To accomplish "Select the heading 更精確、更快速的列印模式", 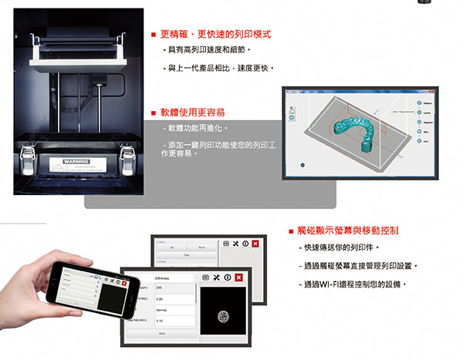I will [x=215, y=35].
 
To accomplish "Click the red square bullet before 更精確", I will [x=154, y=35].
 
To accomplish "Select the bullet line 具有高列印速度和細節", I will [x=205, y=50].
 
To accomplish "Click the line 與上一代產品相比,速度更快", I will [x=219, y=68].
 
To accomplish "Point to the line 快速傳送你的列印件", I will [x=339, y=247].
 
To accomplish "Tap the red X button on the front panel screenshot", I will [x=238, y=278].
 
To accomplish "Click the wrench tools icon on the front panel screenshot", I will [x=217, y=278].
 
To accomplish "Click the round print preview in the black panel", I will [x=224, y=315].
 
